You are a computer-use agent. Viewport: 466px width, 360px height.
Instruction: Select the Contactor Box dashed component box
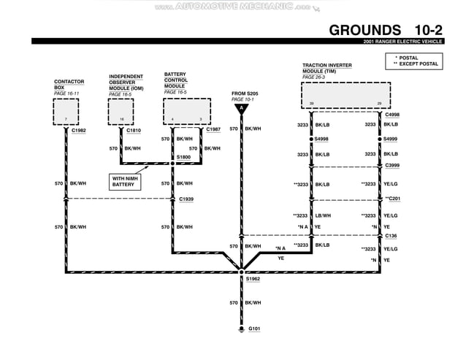coord(66,111)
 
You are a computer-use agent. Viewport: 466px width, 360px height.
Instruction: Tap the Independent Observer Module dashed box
coord(121,111)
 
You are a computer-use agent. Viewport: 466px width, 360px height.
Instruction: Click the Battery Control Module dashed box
coord(186,111)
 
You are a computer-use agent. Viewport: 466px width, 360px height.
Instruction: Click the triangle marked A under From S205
coord(241,109)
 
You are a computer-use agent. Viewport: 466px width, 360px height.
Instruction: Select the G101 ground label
coord(253,329)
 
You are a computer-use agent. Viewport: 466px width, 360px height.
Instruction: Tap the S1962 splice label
coord(253,279)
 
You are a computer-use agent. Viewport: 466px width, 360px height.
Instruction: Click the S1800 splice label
coord(183,157)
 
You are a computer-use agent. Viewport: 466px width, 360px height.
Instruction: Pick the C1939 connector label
coord(186,199)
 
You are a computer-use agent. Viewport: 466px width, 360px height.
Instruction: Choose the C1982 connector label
coord(80,130)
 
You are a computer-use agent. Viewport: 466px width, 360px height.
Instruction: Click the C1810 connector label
coord(134,130)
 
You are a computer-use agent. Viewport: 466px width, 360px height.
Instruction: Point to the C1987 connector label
coord(213,129)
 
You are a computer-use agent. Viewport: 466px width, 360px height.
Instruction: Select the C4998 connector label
coord(391,115)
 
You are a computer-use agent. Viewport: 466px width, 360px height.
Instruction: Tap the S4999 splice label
coord(390,139)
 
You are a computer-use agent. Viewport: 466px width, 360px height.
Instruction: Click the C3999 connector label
coord(391,165)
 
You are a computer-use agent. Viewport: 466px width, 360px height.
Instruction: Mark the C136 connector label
coord(391,236)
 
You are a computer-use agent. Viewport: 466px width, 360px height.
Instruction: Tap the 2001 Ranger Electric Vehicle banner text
coord(402,43)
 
